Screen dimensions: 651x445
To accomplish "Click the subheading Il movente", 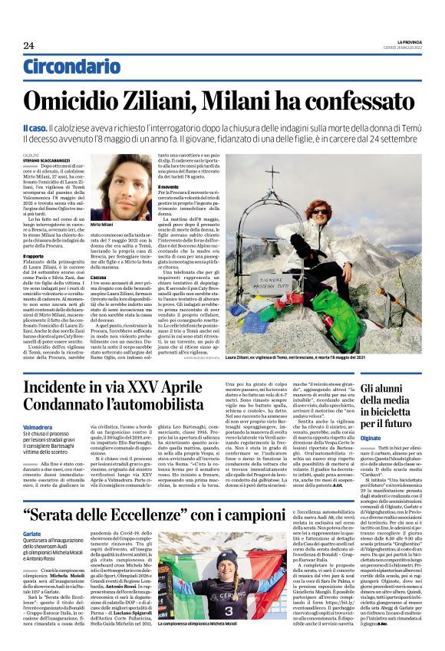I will click(170, 186).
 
